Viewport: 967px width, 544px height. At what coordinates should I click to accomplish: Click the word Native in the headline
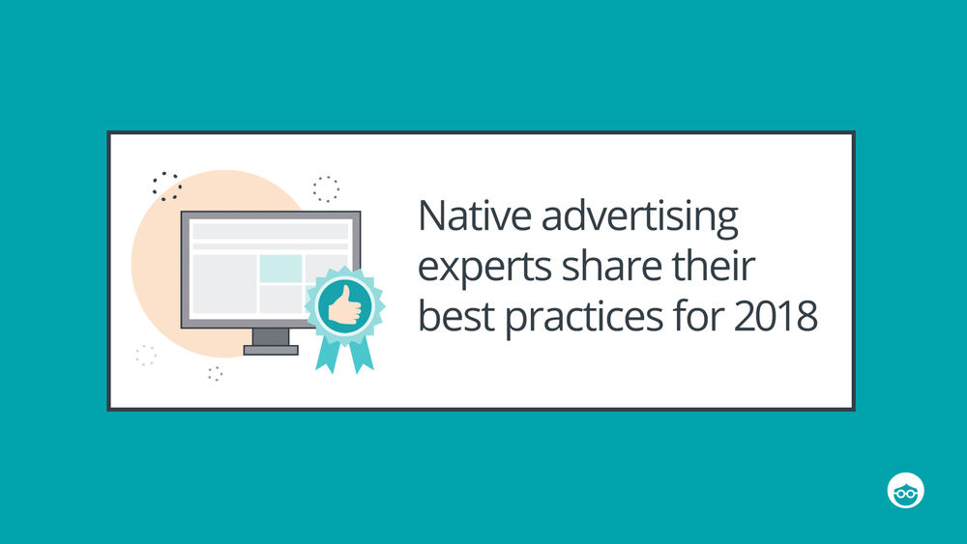tap(474, 215)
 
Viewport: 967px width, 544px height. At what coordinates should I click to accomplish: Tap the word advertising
tap(639, 218)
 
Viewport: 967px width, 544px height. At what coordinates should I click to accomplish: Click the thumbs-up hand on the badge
tap(344, 305)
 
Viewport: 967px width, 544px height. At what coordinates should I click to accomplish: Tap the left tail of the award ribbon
tap(327, 355)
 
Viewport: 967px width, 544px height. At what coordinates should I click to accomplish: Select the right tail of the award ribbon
tap(362, 355)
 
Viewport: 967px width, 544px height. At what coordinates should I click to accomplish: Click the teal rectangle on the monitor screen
tap(280, 268)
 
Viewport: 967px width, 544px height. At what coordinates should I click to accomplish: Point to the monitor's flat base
tap(271, 350)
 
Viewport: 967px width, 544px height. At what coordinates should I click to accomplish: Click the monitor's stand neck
tap(271, 337)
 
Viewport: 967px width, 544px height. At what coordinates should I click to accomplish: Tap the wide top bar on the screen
tap(270, 231)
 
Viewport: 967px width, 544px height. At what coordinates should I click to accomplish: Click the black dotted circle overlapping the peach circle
tap(167, 186)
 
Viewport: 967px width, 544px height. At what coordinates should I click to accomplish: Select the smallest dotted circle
tap(215, 373)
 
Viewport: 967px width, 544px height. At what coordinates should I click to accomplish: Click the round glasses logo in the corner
tap(905, 491)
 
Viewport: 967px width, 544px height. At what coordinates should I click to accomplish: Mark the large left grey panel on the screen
tap(224, 284)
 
